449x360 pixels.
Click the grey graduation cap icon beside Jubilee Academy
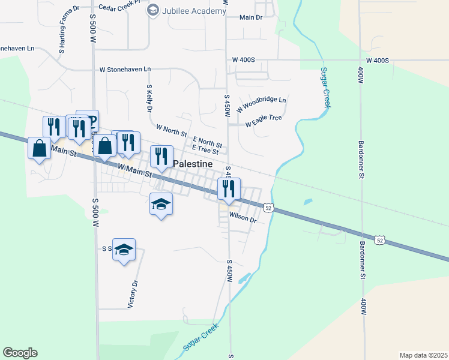153,10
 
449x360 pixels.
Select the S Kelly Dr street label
149,98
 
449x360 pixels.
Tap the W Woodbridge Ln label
262,104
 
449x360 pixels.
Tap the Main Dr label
251,17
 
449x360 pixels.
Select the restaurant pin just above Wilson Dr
229,189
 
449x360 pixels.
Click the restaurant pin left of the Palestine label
161,157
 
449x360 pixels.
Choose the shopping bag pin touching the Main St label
39,148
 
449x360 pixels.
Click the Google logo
20,353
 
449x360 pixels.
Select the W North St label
172,129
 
